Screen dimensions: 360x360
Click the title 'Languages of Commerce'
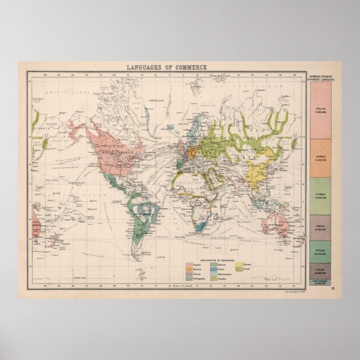(166, 67)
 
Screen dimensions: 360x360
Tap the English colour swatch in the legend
(189, 265)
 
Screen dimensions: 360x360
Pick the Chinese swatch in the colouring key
(239, 265)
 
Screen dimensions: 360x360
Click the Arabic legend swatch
(239, 269)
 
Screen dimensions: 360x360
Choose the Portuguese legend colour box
(189, 278)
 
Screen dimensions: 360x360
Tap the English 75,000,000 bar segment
(320, 110)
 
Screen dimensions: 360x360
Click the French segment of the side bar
(320, 227)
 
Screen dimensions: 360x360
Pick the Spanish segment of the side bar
(320, 251)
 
